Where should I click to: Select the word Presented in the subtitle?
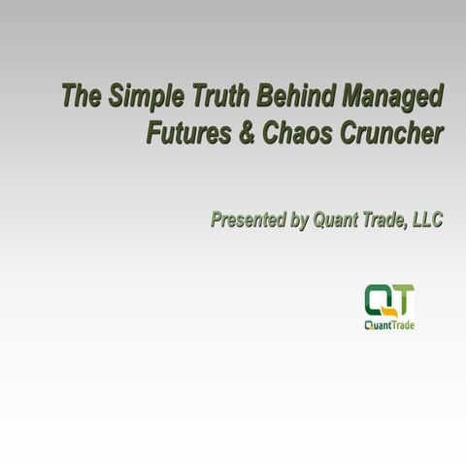tap(248, 220)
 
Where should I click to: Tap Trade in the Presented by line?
tap(385, 220)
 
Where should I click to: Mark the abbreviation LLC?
tap(427, 220)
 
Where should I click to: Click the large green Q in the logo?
tap(377, 299)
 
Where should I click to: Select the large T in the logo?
tap(402, 299)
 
